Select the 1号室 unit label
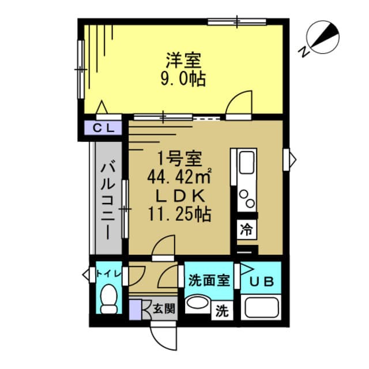(180, 157)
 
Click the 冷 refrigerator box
(246, 228)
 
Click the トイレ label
(108, 273)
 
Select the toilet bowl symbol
(108, 299)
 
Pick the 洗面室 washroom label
(209, 281)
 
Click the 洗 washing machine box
(222, 312)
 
